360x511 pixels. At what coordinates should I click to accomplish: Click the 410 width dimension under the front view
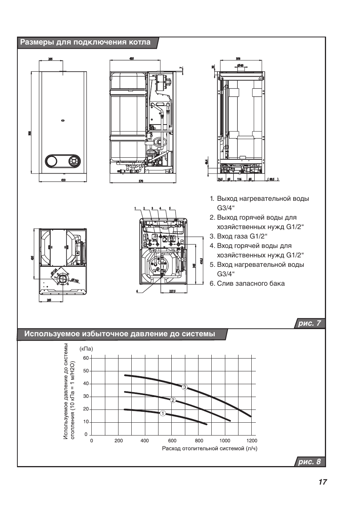point(63,180)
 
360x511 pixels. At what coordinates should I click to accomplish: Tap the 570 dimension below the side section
point(141,182)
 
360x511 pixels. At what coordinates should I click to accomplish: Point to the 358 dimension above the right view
point(238,58)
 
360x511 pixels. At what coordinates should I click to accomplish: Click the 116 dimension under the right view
point(239,179)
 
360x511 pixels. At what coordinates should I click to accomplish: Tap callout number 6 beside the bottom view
point(137,291)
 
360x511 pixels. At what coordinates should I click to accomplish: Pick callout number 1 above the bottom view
point(135,208)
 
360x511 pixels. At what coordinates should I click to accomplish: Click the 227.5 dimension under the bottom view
point(173,291)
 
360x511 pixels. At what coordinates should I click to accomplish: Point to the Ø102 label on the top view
point(74,280)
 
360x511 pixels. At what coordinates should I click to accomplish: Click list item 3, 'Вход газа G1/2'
point(238,236)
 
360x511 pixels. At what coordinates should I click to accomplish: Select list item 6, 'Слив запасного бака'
point(247,283)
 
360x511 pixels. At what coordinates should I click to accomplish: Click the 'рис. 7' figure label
point(309,323)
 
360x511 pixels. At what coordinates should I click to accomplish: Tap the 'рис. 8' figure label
point(309,462)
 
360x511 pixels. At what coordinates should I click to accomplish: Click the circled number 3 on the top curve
point(184,387)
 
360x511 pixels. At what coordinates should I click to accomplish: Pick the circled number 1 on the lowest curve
point(163,413)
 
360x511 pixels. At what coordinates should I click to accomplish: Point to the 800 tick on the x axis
point(199,440)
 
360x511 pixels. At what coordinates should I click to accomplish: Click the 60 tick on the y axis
point(86,358)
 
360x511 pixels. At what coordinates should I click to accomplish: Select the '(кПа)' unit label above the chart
point(86,349)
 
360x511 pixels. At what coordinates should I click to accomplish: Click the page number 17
point(322,482)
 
